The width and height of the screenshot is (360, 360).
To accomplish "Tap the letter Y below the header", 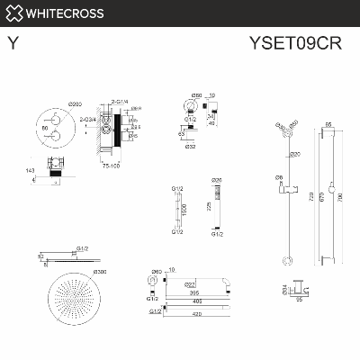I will (x=12, y=41).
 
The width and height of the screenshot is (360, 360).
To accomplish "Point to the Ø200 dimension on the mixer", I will (x=62, y=104).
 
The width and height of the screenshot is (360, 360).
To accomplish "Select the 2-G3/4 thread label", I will (x=90, y=120).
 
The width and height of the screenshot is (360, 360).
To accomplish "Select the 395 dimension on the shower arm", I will (x=194, y=293).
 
